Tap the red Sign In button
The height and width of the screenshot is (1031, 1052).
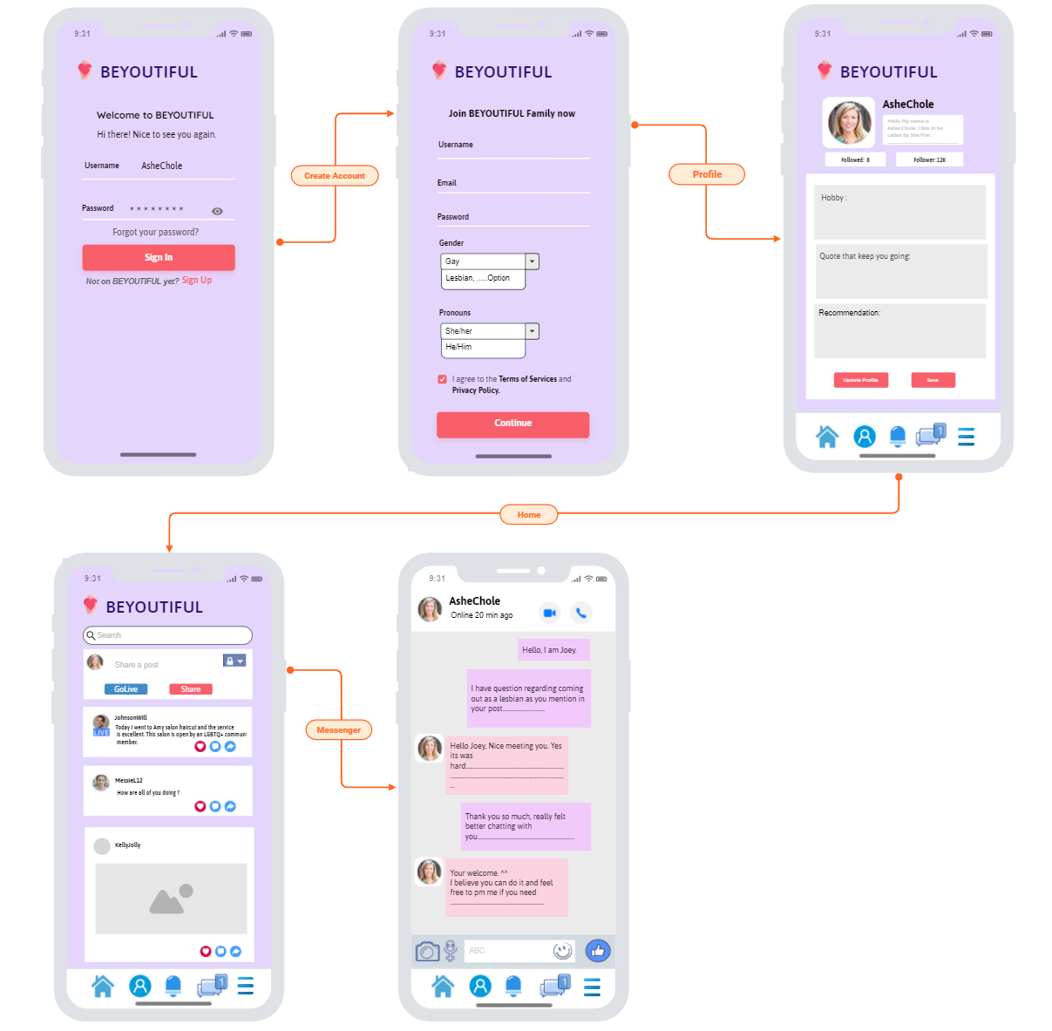159,257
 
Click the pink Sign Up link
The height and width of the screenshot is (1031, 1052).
197,280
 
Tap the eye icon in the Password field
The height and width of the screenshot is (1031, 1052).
217,211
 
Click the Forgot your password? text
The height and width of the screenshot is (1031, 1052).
155,232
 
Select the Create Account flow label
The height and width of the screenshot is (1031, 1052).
335,175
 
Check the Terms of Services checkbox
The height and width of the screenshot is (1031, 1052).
442,379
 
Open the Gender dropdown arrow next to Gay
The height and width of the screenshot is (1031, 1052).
532,261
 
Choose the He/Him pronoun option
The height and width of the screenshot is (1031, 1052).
459,347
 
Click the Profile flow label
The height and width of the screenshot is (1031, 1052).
707,174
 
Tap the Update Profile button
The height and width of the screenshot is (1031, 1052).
860,380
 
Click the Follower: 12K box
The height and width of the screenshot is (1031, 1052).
929,159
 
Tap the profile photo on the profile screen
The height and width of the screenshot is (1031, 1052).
849,122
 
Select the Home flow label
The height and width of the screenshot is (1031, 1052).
528,514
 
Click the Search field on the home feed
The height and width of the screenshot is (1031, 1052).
167,635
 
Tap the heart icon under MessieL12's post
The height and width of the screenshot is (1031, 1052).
200,806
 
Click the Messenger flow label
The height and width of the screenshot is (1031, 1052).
338,729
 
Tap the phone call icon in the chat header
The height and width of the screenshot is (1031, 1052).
580,613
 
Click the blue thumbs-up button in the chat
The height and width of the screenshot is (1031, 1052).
598,951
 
